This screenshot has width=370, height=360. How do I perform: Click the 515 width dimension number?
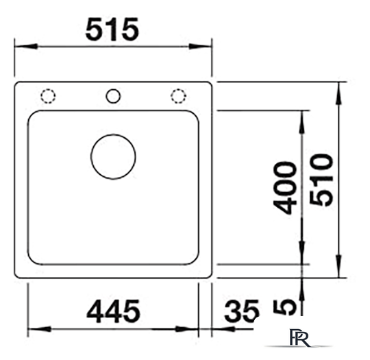112,29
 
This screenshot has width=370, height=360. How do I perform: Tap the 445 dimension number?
113,311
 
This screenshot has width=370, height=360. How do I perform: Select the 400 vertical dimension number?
285,189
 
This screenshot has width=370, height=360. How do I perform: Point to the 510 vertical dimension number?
321,180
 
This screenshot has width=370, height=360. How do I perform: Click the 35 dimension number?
241,311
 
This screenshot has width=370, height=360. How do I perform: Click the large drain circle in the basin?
113,156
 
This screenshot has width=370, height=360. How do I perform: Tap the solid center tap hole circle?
113,96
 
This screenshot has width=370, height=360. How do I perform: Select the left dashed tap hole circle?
48,96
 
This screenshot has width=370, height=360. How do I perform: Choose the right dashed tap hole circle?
178,96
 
